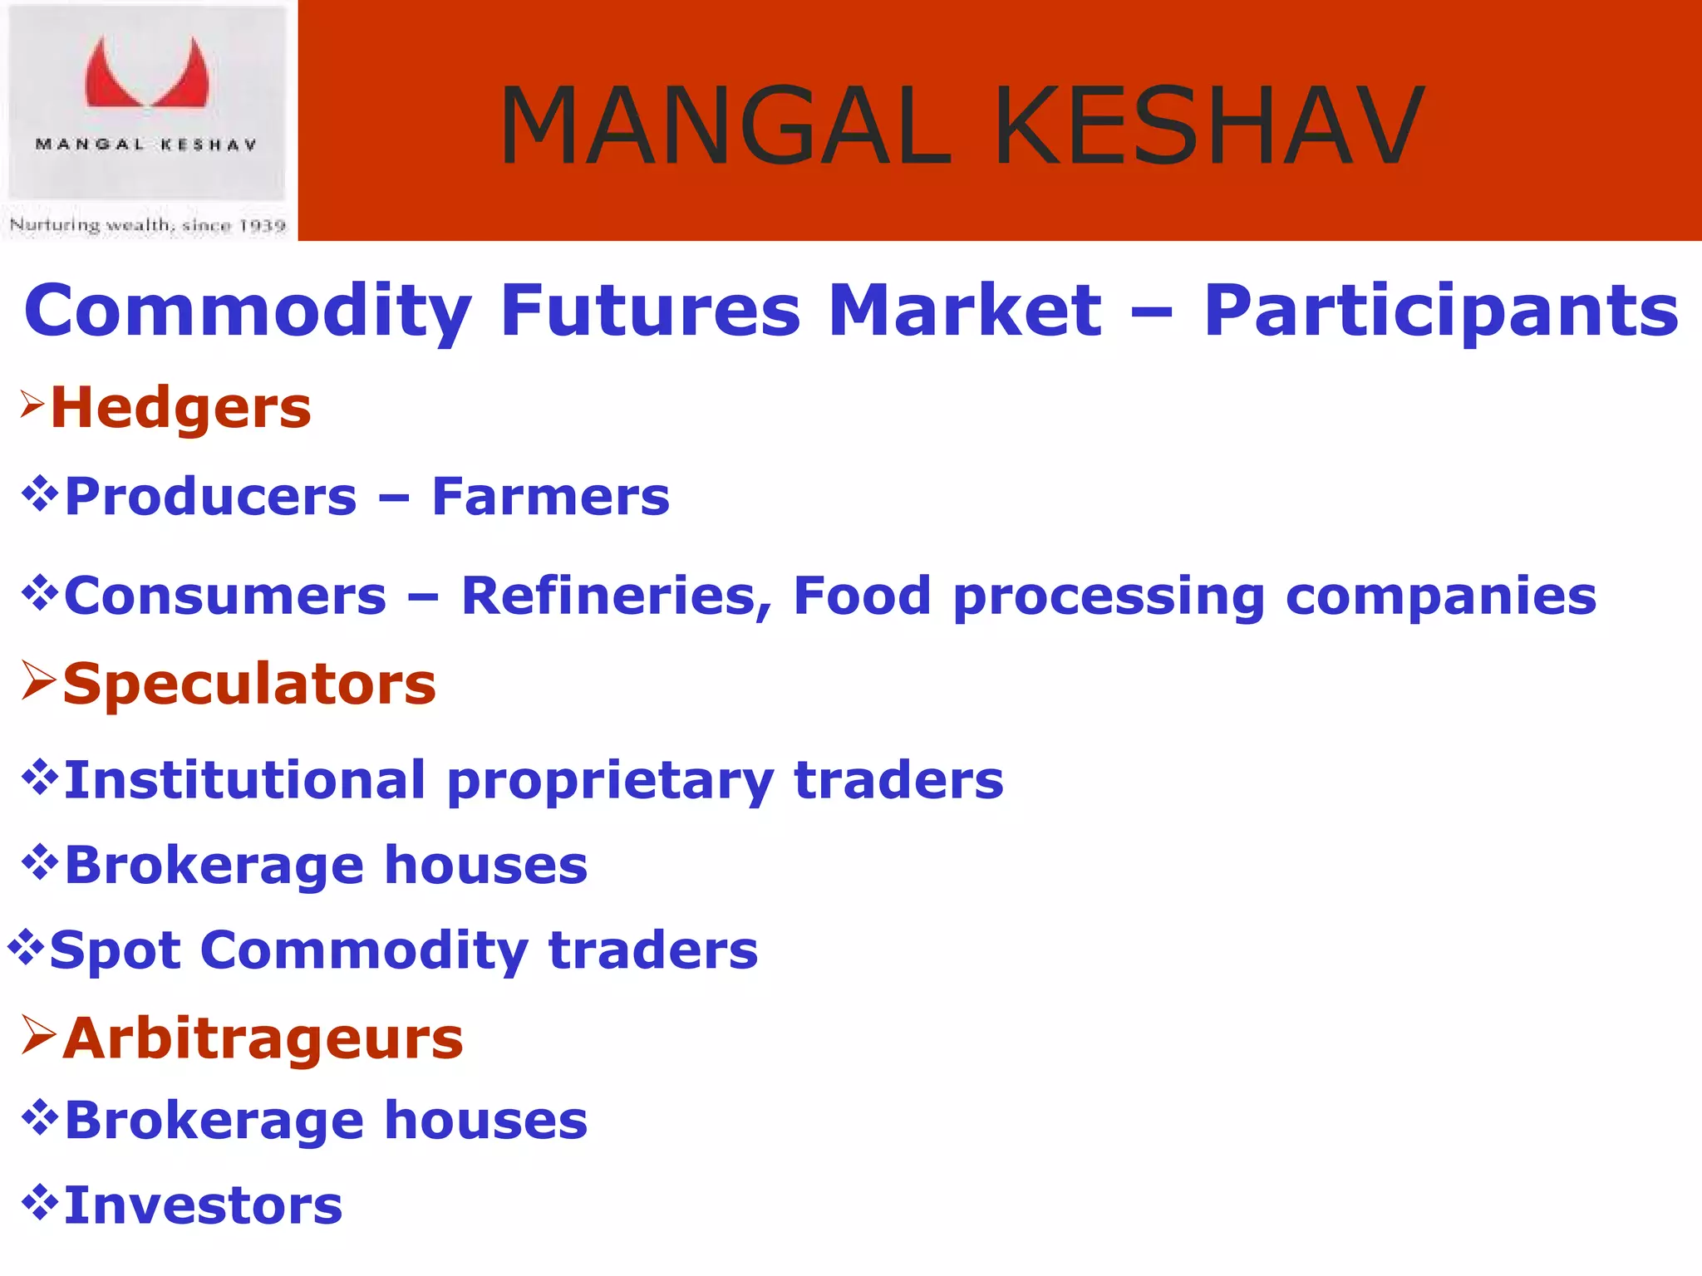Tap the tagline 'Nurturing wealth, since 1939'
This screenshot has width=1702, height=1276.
pyautogui.click(x=147, y=225)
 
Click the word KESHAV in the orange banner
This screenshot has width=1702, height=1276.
pyautogui.click(x=1209, y=126)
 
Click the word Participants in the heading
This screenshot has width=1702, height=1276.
pyautogui.click(x=1441, y=312)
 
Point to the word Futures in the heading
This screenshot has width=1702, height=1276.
pyautogui.click(x=650, y=310)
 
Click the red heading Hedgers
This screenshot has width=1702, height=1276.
pyautogui.click(x=180, y=409)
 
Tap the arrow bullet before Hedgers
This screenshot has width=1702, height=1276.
pyautogui.click(x=32, y=404)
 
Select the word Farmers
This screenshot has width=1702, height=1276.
pyautogui.click(x=550, y=497)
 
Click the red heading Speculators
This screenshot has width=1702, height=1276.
pyautogui.click(x=249, y=685)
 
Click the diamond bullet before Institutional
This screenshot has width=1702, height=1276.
pyautogui.click(x=39, y=777)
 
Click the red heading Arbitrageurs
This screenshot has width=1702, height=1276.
pyautogui.click(x=263, y=1039)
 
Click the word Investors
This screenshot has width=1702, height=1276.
pyautogui.click(x=203, y=1206)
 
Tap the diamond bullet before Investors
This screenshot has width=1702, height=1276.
pyautogui.click(x=39, y=1201)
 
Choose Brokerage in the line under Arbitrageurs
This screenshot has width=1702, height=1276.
pyautogui.click(x=214, y=1121)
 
